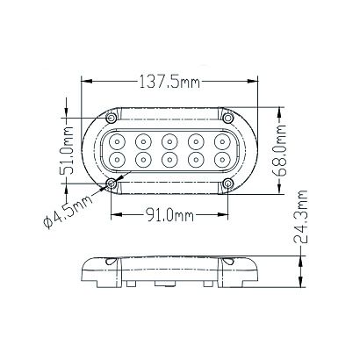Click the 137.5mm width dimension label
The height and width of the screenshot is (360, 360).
tap(169, 82)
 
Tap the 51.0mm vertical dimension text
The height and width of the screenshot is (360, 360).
tap(68, 150)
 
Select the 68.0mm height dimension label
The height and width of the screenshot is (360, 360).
tap(278, 150)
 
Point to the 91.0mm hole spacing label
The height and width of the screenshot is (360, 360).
tap(169, 216)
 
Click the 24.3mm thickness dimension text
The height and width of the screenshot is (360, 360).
tap(300, 217)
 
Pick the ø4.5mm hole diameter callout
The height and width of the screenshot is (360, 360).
tap(68, 212)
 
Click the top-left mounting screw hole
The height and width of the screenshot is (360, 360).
tap(112, 119)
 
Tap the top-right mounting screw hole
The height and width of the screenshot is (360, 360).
tap(228, 119)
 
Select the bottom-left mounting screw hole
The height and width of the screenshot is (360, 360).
tap(112, 184)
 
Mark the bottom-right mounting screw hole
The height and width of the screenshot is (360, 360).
tap(228, 184)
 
